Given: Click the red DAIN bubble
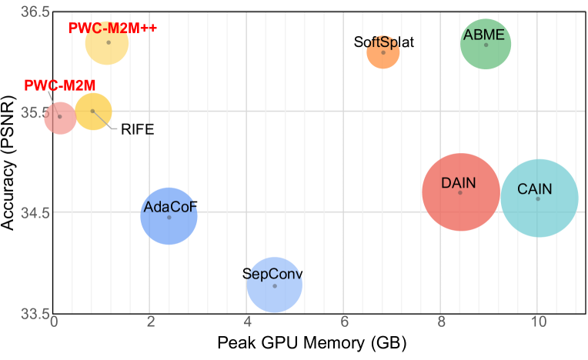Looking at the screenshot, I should [460, 192].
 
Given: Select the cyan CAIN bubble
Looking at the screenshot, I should [538, 198].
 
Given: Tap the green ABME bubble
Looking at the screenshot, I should [486, 45].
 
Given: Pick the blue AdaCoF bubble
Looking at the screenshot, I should [169, 217].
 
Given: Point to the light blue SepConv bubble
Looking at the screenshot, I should [275, 285].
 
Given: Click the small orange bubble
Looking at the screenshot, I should [383, 52].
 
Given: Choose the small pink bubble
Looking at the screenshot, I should [59, 117].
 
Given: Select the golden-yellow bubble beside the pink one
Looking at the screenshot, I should [92, 111].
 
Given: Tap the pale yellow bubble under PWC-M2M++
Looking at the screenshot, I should [109, 42].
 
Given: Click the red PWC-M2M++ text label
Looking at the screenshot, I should [112, 28].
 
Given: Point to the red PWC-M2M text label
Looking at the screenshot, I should [60, 85].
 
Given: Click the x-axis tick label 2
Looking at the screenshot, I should [150, 322].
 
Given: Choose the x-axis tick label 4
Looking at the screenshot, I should [247, 322].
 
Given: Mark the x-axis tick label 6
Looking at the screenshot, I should [344, 322].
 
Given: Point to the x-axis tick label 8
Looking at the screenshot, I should [441, 322].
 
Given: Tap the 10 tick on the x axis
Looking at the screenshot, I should [538, 322].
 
